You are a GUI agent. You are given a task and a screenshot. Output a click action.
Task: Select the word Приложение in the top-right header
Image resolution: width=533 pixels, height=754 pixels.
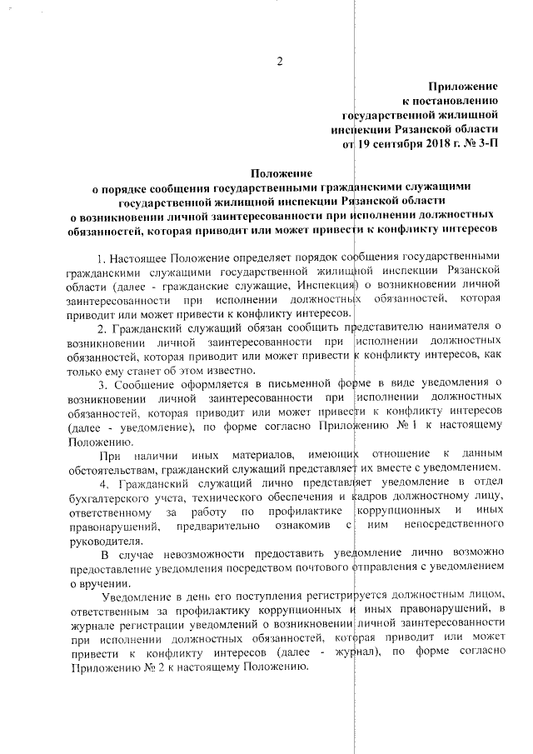[x=463, y=86]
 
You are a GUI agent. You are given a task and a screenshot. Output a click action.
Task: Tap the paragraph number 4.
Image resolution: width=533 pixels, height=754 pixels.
[x=104, y=483]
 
